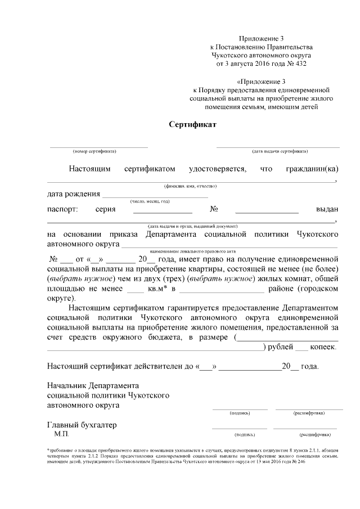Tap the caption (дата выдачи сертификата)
click(279, 151)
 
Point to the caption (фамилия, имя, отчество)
click(190, 186)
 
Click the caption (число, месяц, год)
click(150, 201)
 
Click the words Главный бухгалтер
click(82, 425)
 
